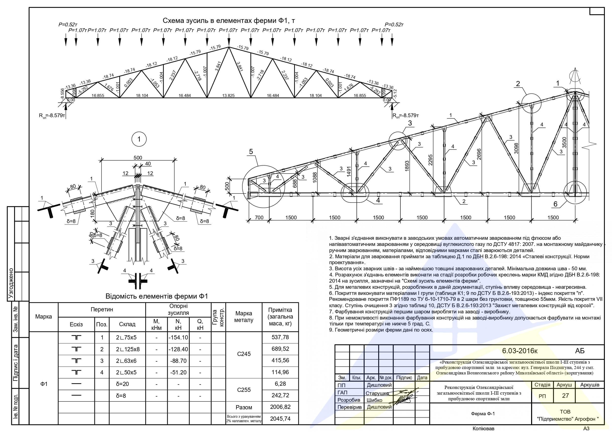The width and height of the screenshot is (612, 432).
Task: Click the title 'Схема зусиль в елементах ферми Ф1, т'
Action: point(229,21)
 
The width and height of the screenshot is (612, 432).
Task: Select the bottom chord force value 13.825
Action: point(228,96)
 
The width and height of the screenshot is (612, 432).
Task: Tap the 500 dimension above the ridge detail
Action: point(138,158)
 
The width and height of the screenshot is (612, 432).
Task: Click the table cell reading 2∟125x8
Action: point(127,349)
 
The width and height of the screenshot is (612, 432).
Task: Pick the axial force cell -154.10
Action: point(178,337)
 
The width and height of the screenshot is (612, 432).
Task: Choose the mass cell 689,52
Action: point(280,349)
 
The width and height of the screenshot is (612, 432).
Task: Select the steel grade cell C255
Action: point(244,390)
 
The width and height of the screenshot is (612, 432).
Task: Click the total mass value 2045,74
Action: point(280,419)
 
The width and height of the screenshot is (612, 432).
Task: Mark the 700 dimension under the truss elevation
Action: point(259,217)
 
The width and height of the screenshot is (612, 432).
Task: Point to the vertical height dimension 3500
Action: point(564,143)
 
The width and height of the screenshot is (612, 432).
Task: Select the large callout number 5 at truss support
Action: point(251,152)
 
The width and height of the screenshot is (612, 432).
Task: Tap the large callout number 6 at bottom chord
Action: point(556,204)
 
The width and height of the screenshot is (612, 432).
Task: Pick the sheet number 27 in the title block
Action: point(565,396)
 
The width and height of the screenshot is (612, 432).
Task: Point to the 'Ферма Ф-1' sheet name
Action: point(483,414)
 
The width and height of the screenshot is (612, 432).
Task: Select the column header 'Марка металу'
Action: point(244,317)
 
